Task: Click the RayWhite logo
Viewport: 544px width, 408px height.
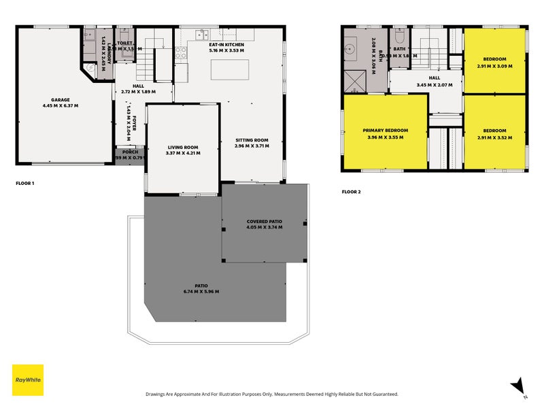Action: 28,380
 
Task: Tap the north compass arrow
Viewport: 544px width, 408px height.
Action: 518,386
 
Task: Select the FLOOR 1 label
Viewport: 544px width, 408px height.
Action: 24,184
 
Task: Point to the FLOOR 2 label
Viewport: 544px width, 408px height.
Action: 351,192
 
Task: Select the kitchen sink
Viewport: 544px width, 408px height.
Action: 202,34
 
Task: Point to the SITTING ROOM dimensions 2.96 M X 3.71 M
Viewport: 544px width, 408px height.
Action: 252,146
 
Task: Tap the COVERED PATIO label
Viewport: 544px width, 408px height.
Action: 265,222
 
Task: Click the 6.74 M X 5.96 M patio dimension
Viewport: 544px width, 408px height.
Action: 201,292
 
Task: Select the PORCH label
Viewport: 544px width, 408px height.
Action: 130,152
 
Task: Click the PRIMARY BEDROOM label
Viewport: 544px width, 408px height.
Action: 385,130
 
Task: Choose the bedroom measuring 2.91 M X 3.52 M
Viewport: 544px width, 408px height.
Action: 494,130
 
